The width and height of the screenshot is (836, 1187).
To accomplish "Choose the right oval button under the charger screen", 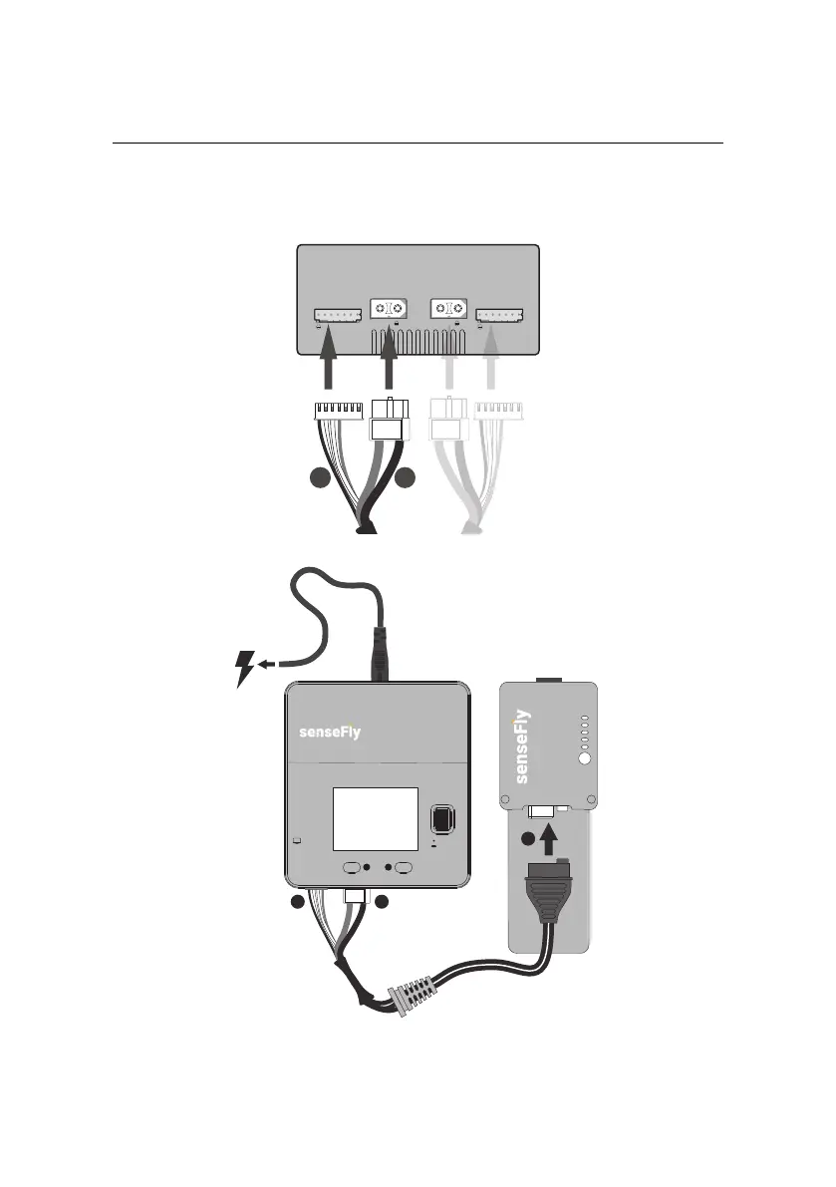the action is pos(404,868).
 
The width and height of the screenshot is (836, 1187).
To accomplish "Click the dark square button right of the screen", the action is pos(439,820).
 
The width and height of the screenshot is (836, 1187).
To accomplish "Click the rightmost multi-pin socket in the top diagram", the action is pos(501,316).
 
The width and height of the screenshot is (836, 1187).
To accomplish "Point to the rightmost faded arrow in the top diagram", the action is pos(490,364).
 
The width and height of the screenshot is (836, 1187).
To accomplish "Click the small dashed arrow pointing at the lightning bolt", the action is pos(268,661).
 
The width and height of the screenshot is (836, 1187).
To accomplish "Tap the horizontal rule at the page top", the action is pos(418,143).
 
